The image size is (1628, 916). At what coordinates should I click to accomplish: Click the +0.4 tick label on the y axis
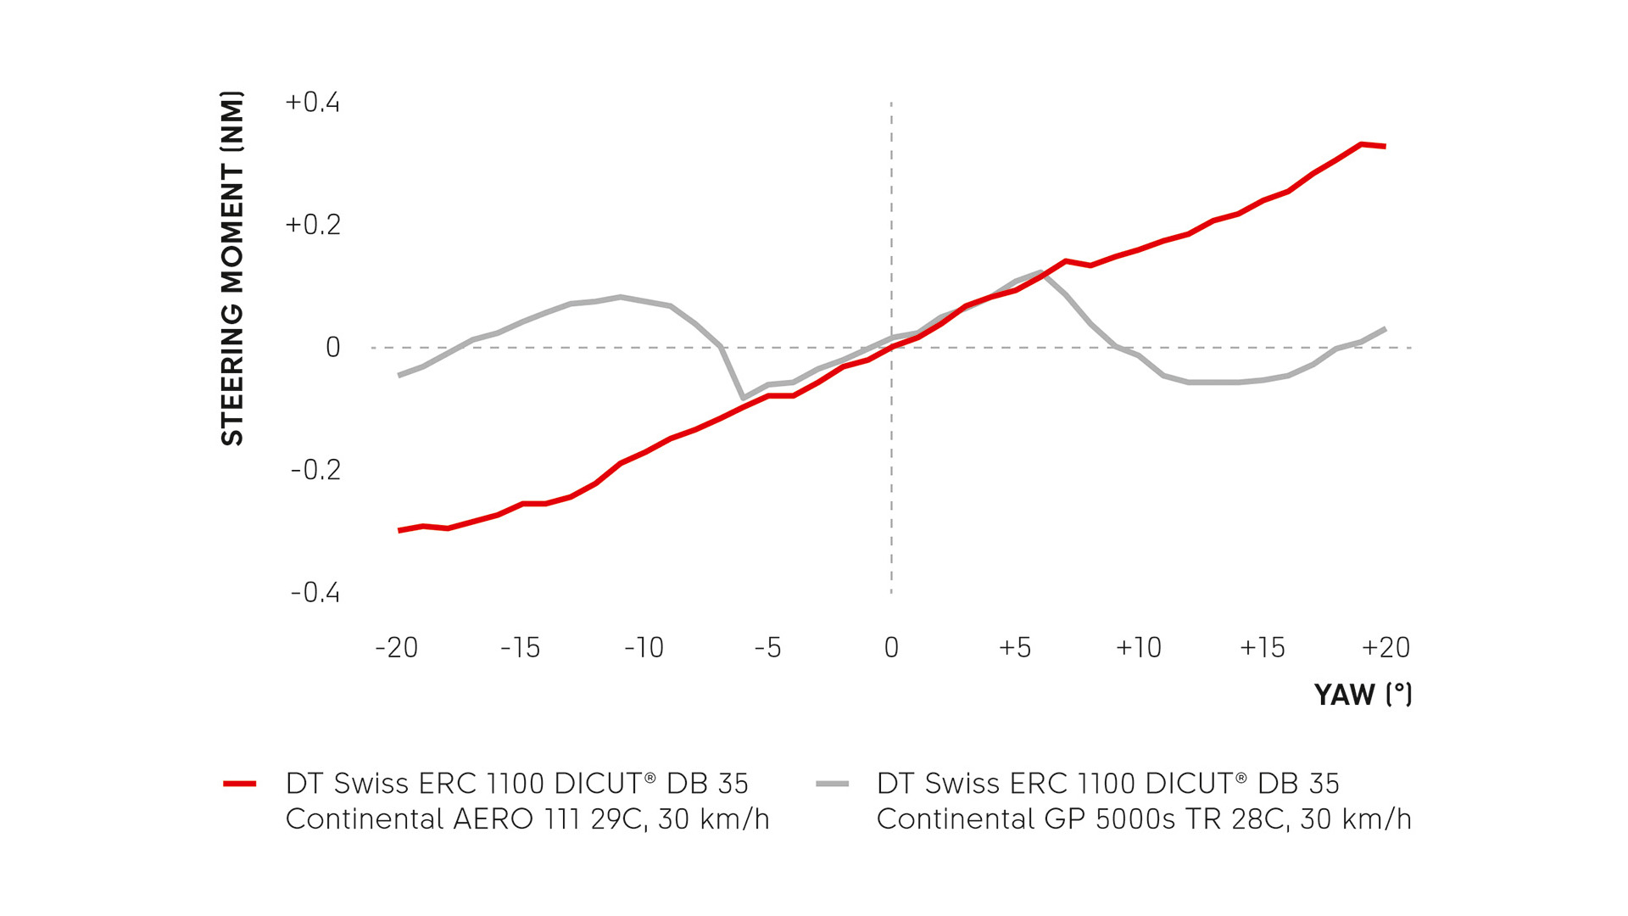pos(312,103)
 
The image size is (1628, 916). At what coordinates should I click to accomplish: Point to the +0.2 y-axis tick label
pos(312,225)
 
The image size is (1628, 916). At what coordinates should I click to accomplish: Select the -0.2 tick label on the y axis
pos(315,470)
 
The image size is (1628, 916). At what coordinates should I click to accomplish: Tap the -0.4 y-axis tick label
pos(315,592)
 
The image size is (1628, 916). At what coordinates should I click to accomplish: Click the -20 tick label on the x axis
pos(397,648)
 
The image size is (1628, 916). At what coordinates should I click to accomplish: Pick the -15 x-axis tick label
pos(520,648)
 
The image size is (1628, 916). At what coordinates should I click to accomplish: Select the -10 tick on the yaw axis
pos(644,648)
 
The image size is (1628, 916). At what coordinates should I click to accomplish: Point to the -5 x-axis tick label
pos(767,648)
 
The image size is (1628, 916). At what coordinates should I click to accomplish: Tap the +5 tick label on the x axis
pos(1015,648)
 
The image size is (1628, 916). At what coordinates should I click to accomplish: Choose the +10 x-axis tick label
pos(1139,648)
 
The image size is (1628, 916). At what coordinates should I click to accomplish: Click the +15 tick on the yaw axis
pos(1263,648)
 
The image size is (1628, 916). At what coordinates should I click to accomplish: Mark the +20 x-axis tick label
pos(1385,648)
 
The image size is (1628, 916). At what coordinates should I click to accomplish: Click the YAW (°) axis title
pos(1363,695)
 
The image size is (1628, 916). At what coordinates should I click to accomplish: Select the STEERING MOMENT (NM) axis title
pos(232,268)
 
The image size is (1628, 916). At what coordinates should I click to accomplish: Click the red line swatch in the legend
pos(240,784)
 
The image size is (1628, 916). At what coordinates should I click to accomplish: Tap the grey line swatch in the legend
pos(832,784)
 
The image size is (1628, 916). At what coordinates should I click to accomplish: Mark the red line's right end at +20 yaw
pos(1385,147)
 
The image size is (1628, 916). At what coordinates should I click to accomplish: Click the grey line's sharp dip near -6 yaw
pos(744,398)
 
